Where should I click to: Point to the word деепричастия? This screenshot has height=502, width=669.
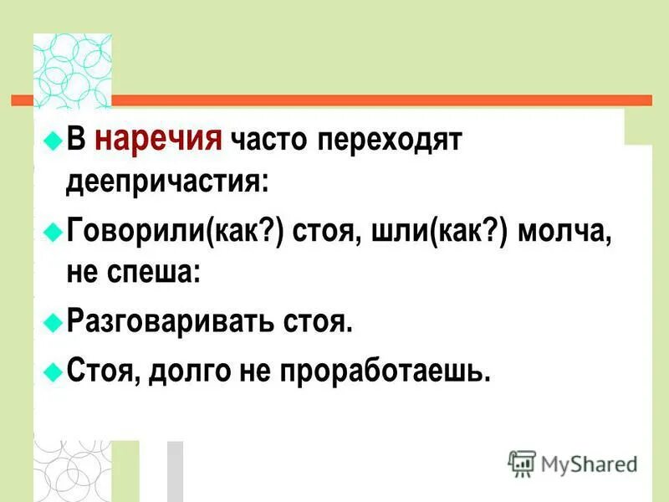pos(167,182)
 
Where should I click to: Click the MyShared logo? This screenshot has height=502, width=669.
pos(573,463)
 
